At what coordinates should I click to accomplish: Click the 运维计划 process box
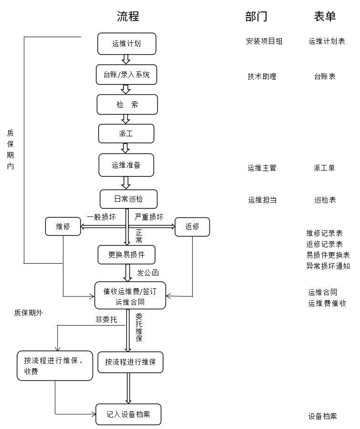point(127,44)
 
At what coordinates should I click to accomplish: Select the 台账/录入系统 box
point(126,75)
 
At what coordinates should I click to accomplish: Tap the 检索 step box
point(127,104)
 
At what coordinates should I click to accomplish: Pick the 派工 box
point(126,133)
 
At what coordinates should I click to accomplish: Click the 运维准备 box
point(126,165)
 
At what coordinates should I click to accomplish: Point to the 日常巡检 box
point(129,199)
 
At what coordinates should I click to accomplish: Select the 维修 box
point(63,226)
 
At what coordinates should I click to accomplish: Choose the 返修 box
point(192,227)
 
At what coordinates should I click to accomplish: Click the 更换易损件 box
point(126,255)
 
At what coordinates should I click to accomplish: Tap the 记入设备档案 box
point(128,414)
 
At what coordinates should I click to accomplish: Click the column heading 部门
point(256,16)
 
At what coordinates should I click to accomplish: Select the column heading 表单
point(325,16)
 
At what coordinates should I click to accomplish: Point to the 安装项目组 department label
point(264,41)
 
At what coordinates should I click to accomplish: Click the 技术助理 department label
point(262,76)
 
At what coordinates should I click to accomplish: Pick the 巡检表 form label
point(325,200)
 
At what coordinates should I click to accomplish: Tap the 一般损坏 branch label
point(102,217)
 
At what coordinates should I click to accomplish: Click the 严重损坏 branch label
point(149,217)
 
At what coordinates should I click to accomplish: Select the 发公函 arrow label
point(148,273)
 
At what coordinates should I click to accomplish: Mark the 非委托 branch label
point(106,319)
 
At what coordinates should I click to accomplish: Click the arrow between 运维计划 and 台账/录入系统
point(126,60)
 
